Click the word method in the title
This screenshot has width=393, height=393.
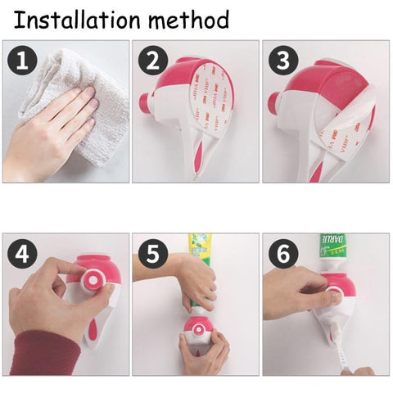point(185,20)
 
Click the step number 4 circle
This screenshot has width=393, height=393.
point(21,254)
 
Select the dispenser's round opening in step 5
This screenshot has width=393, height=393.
point(196,332)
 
